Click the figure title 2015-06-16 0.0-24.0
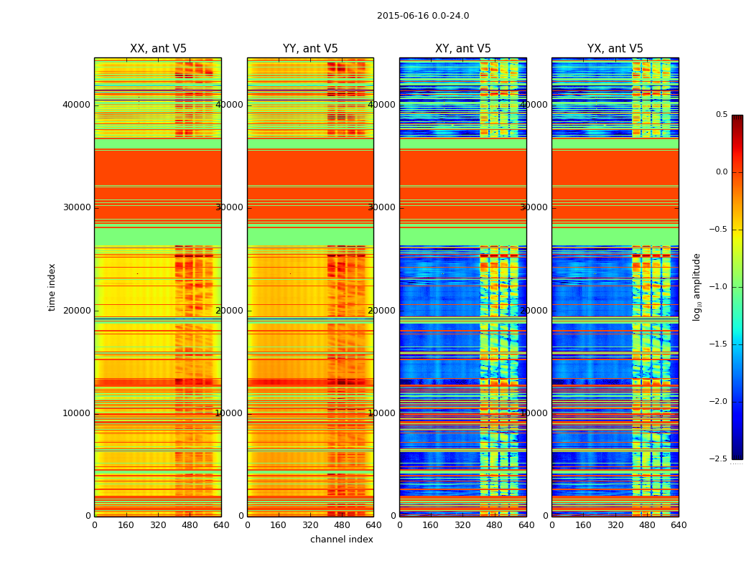coord(422,16)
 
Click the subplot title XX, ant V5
coord(158,49)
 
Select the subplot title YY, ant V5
coord(310,49)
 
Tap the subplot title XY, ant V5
coord(463,49)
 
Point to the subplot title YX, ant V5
coord(615,49)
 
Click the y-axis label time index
coord(52,287)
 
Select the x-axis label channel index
coord(342,540)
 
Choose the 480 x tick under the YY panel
coord(342,525)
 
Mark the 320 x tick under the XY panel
coord(463,525)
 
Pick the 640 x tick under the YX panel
coord(678,525)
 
